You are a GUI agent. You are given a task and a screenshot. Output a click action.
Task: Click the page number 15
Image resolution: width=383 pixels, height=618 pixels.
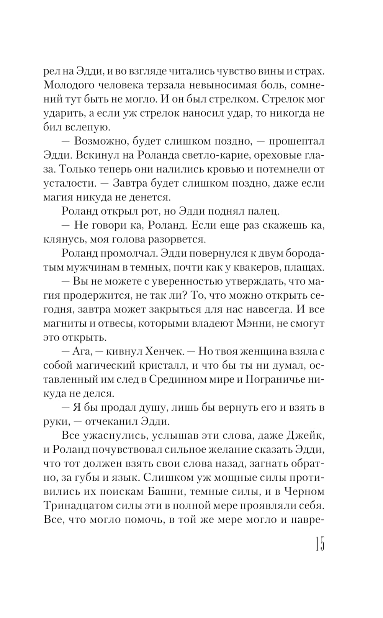coord(319,544)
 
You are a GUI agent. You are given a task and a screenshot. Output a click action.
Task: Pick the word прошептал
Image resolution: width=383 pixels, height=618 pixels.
coord(297,141)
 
